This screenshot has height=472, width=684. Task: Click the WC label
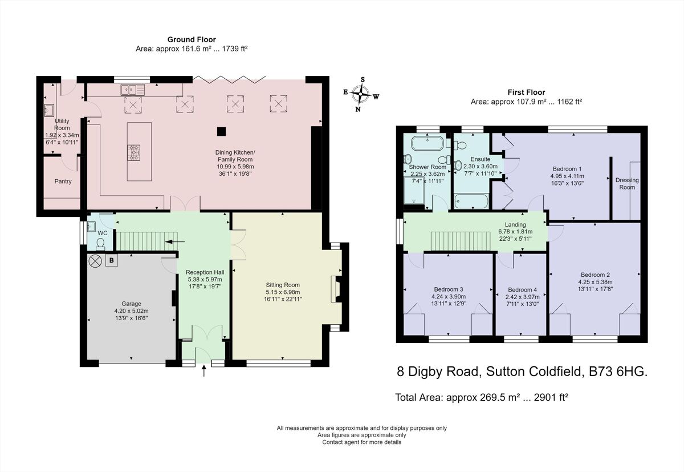tap(103, 233)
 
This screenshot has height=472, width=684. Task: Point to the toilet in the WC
tap(101, 244)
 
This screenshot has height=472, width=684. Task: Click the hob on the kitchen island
tap(135, 152)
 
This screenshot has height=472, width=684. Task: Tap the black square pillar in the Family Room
tap(221, 131)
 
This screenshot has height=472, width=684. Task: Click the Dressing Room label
tap(627, 183)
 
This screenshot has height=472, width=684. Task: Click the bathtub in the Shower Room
tap(426, 143)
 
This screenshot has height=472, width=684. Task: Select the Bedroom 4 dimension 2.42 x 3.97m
tap(522, 297)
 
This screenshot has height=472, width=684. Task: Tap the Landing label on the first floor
tap(515, 224)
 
